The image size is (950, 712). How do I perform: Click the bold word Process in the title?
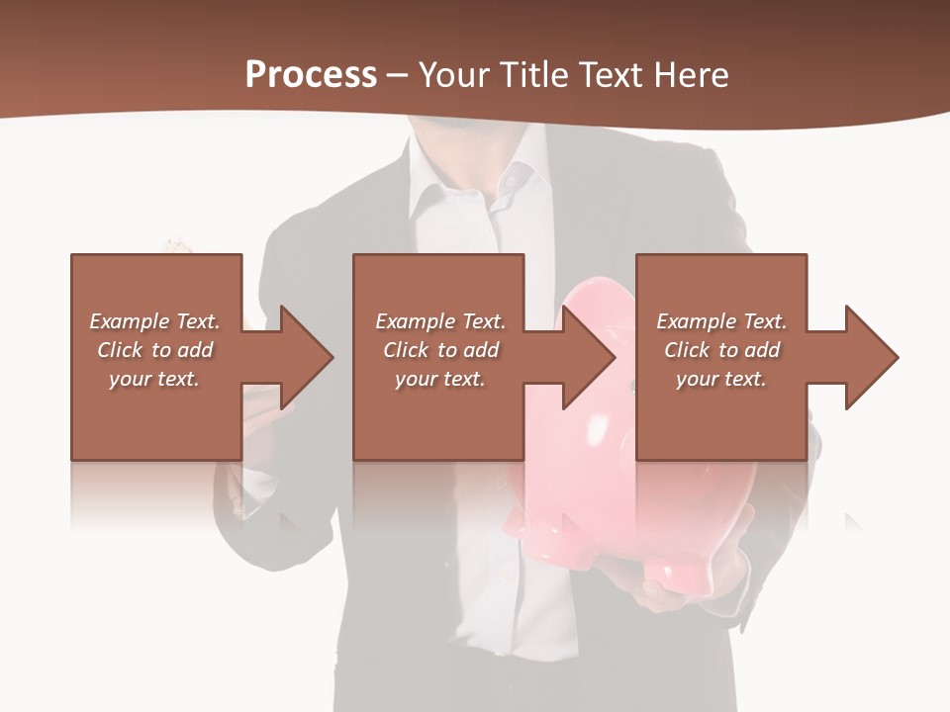[311, 75]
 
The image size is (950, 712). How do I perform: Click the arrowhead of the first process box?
[306, 357]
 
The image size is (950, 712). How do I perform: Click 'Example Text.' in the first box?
[154, 321]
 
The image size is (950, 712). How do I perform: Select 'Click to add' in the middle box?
[440, 350]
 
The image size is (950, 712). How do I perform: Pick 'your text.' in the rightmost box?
[720, 379]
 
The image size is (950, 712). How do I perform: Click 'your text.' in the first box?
[154, 379]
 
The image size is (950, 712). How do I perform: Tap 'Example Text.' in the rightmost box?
[721, 321]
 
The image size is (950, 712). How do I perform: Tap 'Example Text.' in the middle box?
[440, 321]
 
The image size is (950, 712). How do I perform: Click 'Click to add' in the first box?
[154, 350]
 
